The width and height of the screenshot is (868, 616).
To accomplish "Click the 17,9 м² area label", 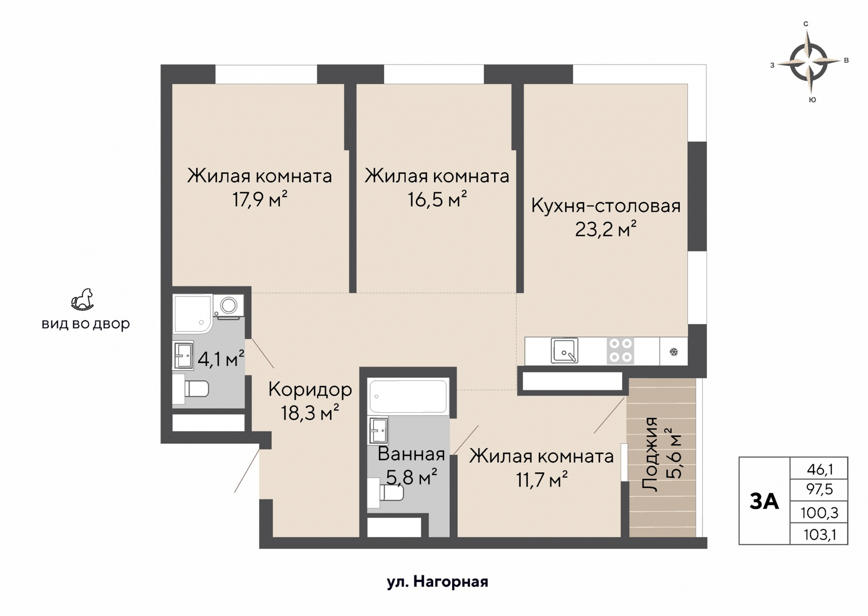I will (x=259, y=199).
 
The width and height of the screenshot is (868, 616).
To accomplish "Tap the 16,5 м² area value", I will (x=437, y=199).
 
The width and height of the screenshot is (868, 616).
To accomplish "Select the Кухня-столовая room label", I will (x=605, y=206).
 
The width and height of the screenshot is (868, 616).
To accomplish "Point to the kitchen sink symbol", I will (x=564, y=350).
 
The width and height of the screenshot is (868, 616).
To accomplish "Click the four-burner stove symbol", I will (x=620, y=350).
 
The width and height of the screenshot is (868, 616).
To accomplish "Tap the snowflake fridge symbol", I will (x=673, y=352).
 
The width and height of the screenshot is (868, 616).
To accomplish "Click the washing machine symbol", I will (x=228, y=306).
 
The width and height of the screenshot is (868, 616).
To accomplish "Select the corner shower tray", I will (x=192, y=313).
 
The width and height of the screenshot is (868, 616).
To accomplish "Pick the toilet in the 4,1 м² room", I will (x=191, y=389).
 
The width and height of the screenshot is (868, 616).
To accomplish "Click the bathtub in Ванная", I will (x=408, y=397).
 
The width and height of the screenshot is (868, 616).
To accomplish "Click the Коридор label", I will (x=310, y=389).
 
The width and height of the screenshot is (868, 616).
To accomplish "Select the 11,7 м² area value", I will (x=542, y=480).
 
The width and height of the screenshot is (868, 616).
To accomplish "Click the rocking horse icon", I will (x=82, y=300).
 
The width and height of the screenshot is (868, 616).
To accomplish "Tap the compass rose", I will (x=809, y=62).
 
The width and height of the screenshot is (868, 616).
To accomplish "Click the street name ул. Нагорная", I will (x=437, y=582).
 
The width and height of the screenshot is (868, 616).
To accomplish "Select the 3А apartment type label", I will (x=764, y=501).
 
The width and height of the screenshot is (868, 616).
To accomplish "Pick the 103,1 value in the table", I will (x=819, y=535).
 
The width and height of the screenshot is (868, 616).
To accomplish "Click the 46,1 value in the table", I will (x=819, y=470).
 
